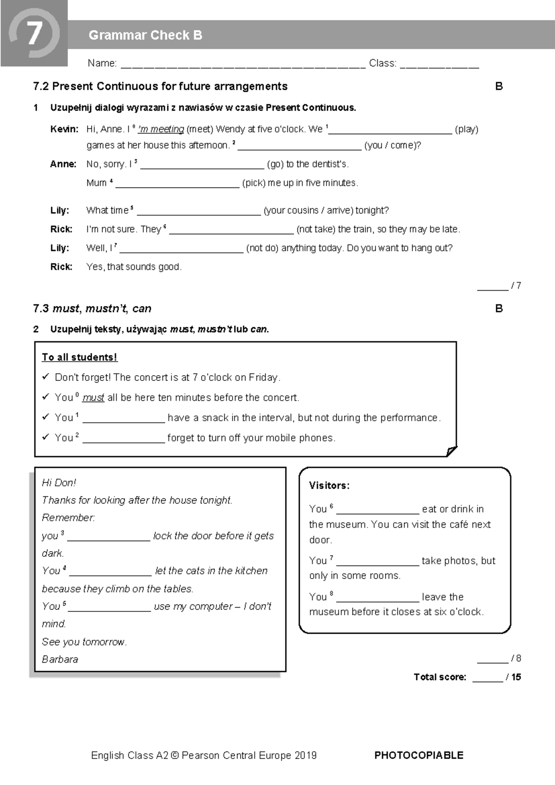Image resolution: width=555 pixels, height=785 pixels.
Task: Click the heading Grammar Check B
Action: tap(145, 35)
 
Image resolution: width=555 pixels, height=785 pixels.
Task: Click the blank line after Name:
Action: tap(243, 65)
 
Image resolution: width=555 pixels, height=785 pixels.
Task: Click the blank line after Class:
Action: tap(439, 65)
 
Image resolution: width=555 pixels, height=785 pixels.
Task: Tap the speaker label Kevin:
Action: tap(64, 129)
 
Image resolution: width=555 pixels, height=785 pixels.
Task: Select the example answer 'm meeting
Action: tap(161, 129)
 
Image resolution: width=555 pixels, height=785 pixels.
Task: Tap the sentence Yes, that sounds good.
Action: tap(134, 267)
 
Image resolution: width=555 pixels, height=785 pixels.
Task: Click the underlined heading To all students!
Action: tap(80, 357)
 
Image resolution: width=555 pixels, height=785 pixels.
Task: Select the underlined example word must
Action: tap(93, 398)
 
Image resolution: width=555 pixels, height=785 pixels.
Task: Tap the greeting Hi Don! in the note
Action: tap(59, 483)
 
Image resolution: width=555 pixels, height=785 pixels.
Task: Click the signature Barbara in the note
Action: tap(60, 659)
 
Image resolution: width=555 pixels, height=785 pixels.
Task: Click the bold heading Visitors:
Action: tap(329, 486)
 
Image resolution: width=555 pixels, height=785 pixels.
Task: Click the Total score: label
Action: tap(440, 677)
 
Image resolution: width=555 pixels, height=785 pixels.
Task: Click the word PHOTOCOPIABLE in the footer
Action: tap(419, 755)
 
